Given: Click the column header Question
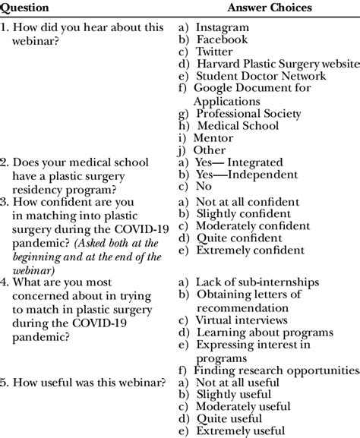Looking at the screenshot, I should click(x=25, y=8).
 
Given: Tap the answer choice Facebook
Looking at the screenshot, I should click(x=222, y=39).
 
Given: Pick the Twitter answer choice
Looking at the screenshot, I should click(x=214, y=52).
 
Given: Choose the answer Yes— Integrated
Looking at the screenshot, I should click(x=238, y=162).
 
